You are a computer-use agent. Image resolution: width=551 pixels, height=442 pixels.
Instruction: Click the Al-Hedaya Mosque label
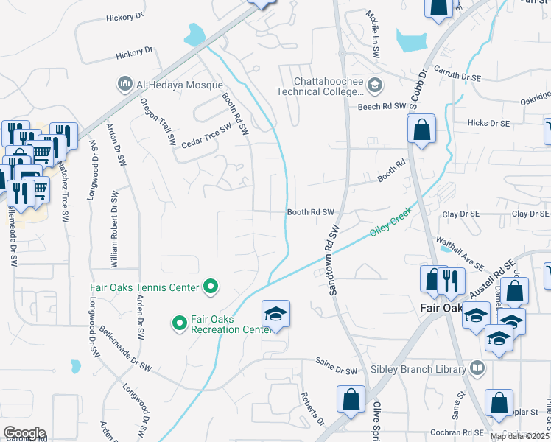pos(175,85)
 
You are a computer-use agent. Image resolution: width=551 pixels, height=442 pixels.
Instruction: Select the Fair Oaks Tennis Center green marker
pos(211,287)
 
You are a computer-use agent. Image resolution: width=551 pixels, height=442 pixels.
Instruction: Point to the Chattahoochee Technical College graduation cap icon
pos(375,86)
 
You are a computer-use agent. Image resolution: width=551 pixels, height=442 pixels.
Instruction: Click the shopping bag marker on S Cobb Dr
pos(421,130)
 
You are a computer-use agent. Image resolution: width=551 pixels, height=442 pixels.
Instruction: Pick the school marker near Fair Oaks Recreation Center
pos(276,314)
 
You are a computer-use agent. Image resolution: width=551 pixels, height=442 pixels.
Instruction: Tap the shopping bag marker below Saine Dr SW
pos(351,399)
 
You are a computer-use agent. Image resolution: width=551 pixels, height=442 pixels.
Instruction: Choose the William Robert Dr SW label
pos(114,228)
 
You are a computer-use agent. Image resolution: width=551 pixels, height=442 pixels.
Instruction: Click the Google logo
pos(24,433)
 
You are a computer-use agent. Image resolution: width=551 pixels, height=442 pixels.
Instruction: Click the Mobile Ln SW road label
pos(374,27)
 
